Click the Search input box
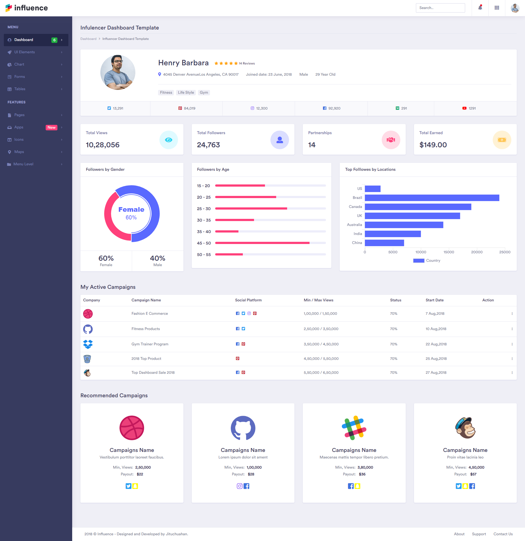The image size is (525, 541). point(440,8)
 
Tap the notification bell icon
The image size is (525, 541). point(480,7)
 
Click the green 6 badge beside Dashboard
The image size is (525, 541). point(54,40)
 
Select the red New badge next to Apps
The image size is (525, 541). point(51,127)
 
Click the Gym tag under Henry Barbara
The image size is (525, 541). point(204,92)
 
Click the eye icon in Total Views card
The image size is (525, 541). point(168,140)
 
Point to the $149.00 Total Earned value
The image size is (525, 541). point(433,145)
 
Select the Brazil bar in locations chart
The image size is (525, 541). point(432,198)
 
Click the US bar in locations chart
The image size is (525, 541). point(372,189)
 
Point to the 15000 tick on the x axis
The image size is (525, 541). point(448,252)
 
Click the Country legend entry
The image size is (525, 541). point(427,261)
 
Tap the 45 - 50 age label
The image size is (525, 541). point(204,243)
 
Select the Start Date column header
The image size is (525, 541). point(434,300)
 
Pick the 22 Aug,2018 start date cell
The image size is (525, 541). point(436,344)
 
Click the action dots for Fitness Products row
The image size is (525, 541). point(512,329)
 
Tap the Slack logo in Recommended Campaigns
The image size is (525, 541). point(354,428)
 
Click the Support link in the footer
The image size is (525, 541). point(479,534)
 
